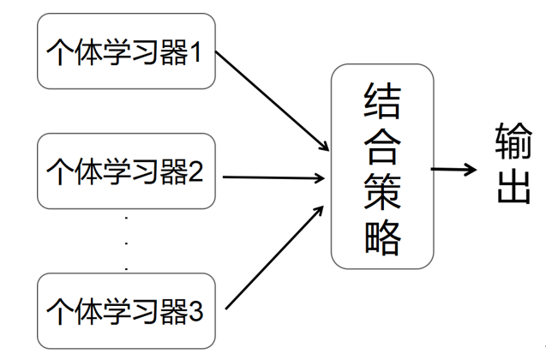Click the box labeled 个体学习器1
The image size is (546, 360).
(125, 52)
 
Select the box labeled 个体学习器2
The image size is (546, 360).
(125, 172)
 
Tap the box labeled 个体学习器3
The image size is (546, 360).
(125, 308)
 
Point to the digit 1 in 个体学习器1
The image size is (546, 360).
(195, 53)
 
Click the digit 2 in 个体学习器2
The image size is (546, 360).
(195, 173)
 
